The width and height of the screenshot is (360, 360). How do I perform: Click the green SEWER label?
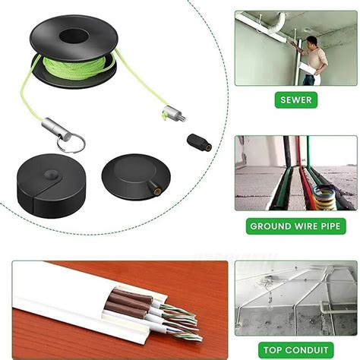296,100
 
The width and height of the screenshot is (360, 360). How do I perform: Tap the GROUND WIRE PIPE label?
295,226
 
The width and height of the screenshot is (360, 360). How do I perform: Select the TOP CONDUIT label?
296,350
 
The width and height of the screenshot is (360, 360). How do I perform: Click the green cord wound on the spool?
74,68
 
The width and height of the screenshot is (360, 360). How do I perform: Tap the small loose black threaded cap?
200,143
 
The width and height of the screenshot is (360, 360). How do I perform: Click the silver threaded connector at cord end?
174,113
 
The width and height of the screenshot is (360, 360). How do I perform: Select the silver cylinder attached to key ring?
56,128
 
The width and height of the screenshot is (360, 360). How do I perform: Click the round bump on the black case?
52,175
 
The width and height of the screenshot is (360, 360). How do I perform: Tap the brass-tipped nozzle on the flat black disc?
155,188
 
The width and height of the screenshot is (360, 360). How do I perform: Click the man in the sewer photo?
313,60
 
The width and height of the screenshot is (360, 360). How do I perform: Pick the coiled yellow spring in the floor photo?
324,197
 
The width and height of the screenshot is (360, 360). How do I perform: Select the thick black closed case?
52,185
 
